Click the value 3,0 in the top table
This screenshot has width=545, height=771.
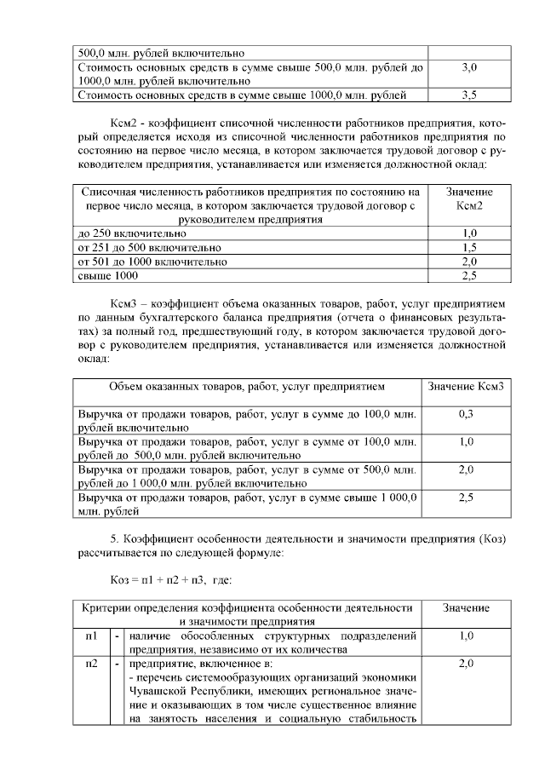[x=468, y=66]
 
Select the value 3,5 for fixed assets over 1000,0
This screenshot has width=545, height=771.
[x=468, y=95]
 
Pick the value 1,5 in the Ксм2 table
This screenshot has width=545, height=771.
[x=468, y=247]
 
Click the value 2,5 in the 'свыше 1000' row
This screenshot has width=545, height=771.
[x=468, y=276]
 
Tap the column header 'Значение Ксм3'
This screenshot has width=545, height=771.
[x=468, y=387]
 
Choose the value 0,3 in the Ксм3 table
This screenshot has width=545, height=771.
[x=466, y=414]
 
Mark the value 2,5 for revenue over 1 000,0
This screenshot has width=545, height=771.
[x=466, y=498]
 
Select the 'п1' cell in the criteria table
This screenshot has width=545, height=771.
[x=90, y=636]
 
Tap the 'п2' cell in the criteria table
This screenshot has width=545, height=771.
[x=90, y=664]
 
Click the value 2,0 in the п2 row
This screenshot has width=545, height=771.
[x=466, y=664]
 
